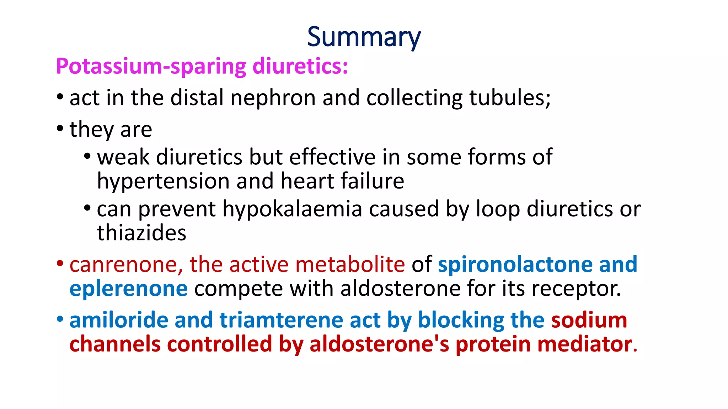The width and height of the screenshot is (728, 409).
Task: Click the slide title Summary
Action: pos(364,37)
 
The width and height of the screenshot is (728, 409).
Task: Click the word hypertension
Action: pos(163,181)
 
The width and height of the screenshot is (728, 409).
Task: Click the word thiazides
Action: pos(141,233)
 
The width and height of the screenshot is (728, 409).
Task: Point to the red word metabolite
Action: pos(350,265)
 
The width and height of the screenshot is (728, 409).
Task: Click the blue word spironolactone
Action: pos(515,265)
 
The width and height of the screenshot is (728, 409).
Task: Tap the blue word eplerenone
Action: pos(128,288)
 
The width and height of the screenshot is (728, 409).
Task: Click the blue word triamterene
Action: pos(281,320)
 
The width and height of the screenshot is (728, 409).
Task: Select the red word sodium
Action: pos(589,320)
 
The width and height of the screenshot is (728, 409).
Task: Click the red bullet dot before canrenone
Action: pos(60,263)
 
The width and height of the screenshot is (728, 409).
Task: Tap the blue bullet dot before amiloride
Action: pos(60,319)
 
